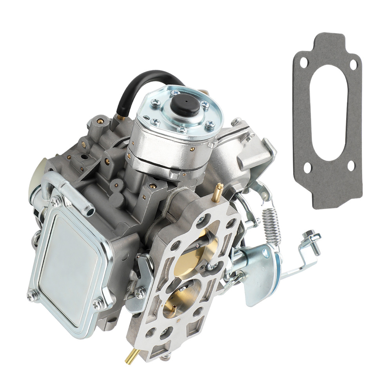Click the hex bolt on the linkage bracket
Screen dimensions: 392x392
point(312,238)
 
